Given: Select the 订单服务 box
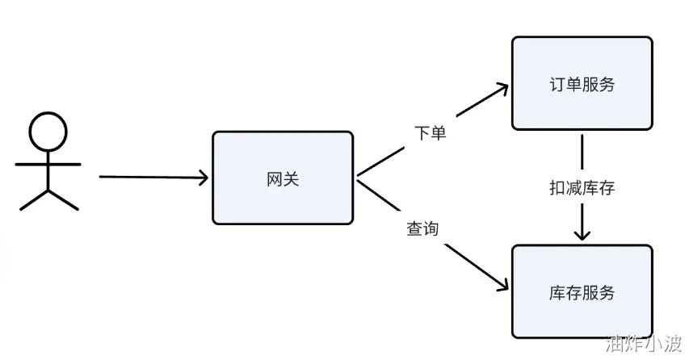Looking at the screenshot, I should click(581, 82).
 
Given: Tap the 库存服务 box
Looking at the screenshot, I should click(581, 291).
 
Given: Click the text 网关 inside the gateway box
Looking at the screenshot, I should click(283, 179).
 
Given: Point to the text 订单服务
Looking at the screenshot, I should click(581, 84).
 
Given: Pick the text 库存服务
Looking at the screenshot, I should click(581, 292).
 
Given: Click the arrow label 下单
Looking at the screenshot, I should click(430, 133).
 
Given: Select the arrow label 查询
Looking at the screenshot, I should click(422, 228).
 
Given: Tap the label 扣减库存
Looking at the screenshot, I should click(582, 188).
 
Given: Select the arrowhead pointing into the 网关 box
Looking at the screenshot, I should click(203, 178).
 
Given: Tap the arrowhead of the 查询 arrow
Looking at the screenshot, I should click(502, 286).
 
